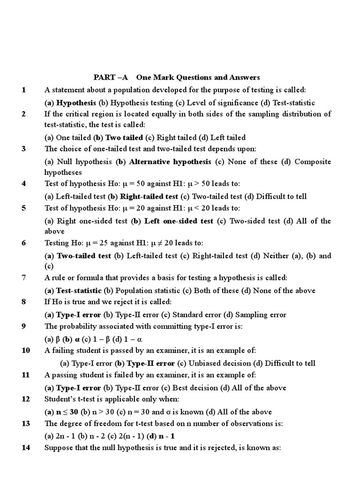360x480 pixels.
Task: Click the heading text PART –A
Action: [x=110, y=77]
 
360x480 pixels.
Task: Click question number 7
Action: [x=24, y=278]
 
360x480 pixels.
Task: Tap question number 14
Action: [x=25, y=448]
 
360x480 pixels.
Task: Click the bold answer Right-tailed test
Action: [x=149, y=196]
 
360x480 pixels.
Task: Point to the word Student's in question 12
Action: [x=59, y=399]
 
